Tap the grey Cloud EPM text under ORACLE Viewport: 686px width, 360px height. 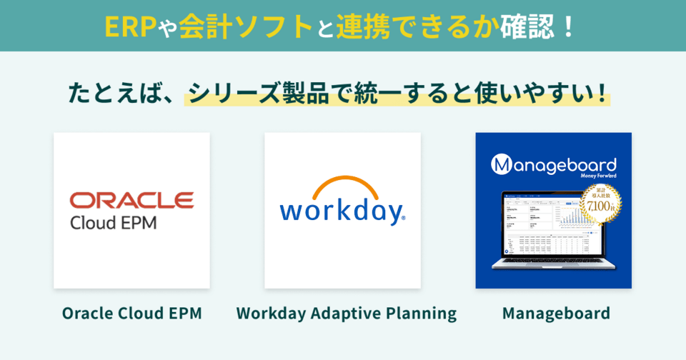click(114, 222)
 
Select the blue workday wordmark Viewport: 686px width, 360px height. click(342, 211)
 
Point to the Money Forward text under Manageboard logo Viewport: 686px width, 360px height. click(595, 176)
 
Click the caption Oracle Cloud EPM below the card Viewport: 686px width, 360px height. click(131, 313)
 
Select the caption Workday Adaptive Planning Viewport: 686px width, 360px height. click(346, 313)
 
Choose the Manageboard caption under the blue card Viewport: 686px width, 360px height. click(556, 313)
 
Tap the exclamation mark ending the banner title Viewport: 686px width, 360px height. click(568, 26)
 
